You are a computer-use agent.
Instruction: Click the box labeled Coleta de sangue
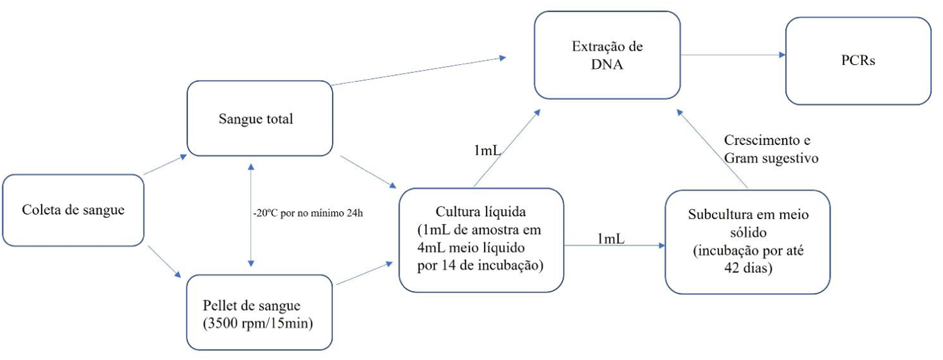pos(73,210)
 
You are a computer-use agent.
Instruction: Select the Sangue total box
pos(260,118)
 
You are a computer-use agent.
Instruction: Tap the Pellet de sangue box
pos(259,312)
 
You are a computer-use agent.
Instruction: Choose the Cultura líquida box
pos(481,240)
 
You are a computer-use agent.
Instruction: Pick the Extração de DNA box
pos(607,55)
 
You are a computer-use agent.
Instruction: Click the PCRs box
pos(858,60)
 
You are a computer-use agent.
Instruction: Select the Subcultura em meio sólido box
pos(747,242)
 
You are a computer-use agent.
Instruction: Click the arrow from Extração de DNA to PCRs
pos(732,55)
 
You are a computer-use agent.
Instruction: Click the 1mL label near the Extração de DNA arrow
pos(487,150)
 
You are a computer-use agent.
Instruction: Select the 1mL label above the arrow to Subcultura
pos(610,239)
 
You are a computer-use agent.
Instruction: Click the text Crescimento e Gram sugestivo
pos(771,149)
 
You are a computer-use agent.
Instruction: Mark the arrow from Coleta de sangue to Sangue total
pos(165,165)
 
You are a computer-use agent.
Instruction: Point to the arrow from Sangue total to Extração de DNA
pos(417,71)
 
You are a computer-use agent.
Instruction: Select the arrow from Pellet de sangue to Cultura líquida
pos(364,273)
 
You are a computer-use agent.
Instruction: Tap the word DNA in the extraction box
pos(607,64)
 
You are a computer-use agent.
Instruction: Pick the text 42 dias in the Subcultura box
pos(748,268)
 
